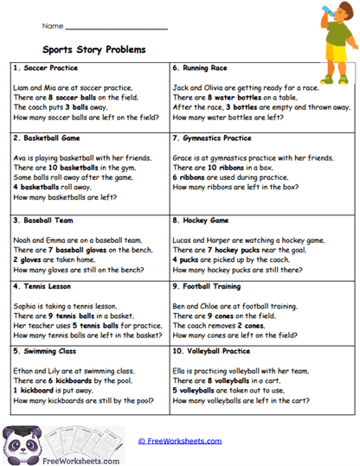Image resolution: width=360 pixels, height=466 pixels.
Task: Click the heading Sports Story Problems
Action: [94, 49]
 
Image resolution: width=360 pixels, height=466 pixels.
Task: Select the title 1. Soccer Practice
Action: [45, 67]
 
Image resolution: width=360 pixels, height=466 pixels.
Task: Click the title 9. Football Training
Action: [211, 284]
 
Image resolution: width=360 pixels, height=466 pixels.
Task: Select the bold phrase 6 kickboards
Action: [74, 381]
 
